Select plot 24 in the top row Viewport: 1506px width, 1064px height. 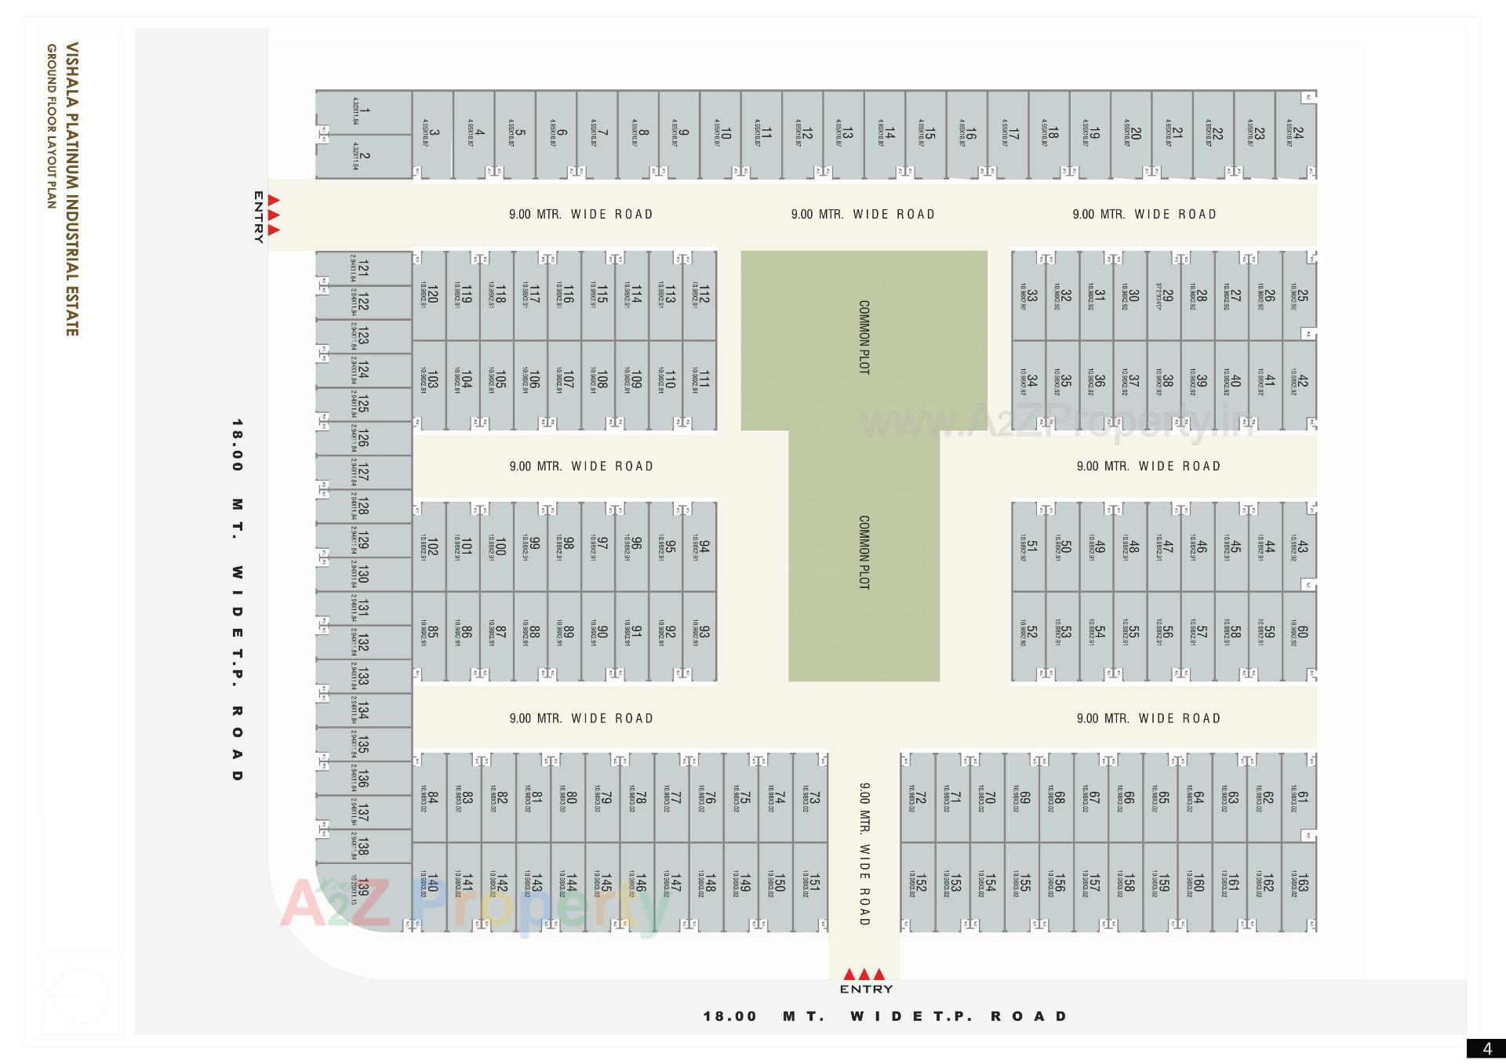pyautogui.click(x=1297, y=133)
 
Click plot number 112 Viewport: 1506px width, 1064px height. pyautogui.click(x=703, y=295)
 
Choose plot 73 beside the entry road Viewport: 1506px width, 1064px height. pyautogui.click(x=813, y=797)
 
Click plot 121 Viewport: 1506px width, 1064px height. pyautogui.click(x=362, y=267)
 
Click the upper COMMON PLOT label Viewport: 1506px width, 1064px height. pyautogui.click(x=864, y=337)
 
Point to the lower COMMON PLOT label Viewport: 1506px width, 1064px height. pyautogui.click(x=864, y=552)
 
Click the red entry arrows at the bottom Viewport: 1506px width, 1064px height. pyautogui.click(x=864, y=975)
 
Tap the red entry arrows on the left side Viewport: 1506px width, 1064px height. pyautogui.click(x=274, y=215)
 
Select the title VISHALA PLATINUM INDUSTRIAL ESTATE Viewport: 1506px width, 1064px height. pyautogui.click(x=72, y=189)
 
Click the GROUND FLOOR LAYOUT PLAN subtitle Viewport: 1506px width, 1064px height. pyautogui.click(x=52, y=126)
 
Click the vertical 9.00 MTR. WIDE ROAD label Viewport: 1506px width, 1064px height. pyautogui.click(x=864, y=854)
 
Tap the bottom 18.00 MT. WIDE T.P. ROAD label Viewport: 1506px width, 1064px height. pyautogui.click(x=886, y=1016)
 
